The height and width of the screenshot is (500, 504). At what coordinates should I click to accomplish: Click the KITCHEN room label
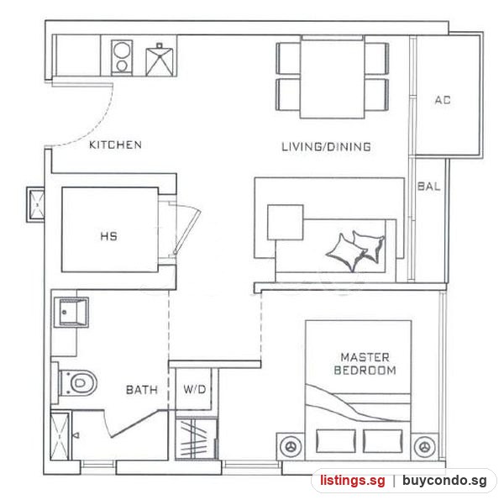(115, 145)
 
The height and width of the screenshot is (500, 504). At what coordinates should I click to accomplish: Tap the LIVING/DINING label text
(326, 147)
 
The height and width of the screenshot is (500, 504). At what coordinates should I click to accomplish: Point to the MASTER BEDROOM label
(365, 364)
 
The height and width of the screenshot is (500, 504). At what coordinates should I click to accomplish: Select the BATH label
(142, 390)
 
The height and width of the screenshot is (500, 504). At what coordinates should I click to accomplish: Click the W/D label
(195, 390)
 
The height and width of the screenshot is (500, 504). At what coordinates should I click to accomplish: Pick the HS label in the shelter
(109, 237)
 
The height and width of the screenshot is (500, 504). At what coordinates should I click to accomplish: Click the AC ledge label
(443, 100)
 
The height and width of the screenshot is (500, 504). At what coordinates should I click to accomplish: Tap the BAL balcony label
(428, 187)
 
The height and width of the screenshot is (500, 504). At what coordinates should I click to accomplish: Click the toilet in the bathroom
(77, 382)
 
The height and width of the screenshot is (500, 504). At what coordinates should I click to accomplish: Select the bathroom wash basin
(71, 313)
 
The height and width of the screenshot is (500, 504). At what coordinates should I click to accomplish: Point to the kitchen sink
(159, 61)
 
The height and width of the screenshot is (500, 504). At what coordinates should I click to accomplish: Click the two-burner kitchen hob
(122, 57)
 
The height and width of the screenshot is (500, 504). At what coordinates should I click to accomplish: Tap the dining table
(333, 77)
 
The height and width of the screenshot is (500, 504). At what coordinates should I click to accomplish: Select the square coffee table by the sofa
(286, 222)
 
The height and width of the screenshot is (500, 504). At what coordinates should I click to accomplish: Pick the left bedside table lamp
(291, 446)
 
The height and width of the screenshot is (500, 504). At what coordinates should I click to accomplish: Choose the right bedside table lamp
(425, 446)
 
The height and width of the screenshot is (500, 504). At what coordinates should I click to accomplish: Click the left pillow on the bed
(336, 441)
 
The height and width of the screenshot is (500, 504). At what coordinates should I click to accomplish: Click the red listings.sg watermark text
(352, 481)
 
